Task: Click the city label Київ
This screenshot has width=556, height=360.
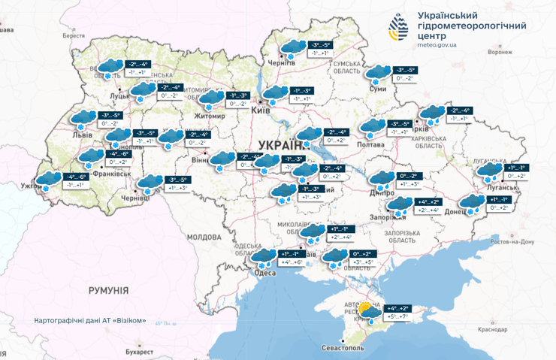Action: [261, 110]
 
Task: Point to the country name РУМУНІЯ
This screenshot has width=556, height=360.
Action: [98, 289]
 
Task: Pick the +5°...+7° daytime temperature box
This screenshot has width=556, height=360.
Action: [397, 318]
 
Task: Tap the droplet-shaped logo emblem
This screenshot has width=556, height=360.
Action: [398, 29]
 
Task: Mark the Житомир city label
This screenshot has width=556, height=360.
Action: [210, 116]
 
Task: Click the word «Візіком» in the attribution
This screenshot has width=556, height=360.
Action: [128, 321]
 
